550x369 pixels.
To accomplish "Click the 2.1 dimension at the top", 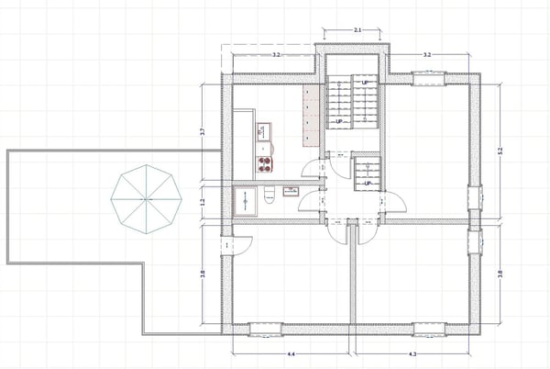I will pos(357,31).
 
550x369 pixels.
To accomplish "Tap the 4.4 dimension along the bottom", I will pos(291,353).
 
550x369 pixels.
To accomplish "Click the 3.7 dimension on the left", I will pos(203,131).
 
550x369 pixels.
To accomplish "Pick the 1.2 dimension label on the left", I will pos(203,202).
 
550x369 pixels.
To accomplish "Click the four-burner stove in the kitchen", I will pos(264,165).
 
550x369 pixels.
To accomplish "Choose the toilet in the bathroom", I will pos(269,196).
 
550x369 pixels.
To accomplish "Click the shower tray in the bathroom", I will pos(247,199).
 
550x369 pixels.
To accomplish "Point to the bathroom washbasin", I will pos(291,191).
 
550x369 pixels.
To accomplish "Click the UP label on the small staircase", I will pos(367,183).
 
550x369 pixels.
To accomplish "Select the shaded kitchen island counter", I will pos(310,118).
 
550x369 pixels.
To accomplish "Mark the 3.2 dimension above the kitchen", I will pos(276,56).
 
